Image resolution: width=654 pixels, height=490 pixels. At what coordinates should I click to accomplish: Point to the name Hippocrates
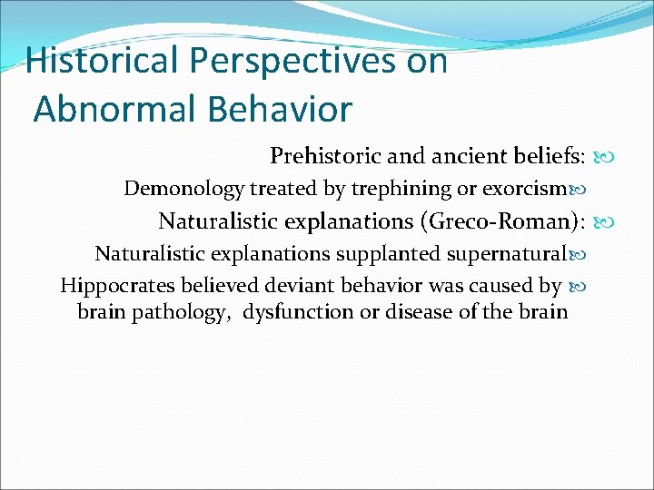(116, 286)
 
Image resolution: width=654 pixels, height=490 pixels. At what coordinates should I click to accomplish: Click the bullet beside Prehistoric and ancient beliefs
(599, 158)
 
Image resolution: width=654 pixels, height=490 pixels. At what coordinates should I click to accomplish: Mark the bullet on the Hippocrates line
(574, 286)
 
